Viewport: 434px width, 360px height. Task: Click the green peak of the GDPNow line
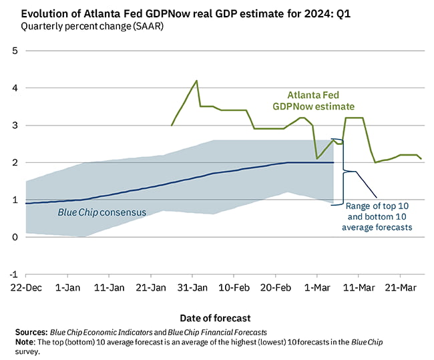(x=196, y=81)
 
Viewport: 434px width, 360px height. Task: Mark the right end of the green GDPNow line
(x=421, y=158)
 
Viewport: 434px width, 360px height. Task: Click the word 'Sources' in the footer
(x=30, y=332)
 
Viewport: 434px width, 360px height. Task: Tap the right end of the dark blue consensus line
(x=333, y=162)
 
